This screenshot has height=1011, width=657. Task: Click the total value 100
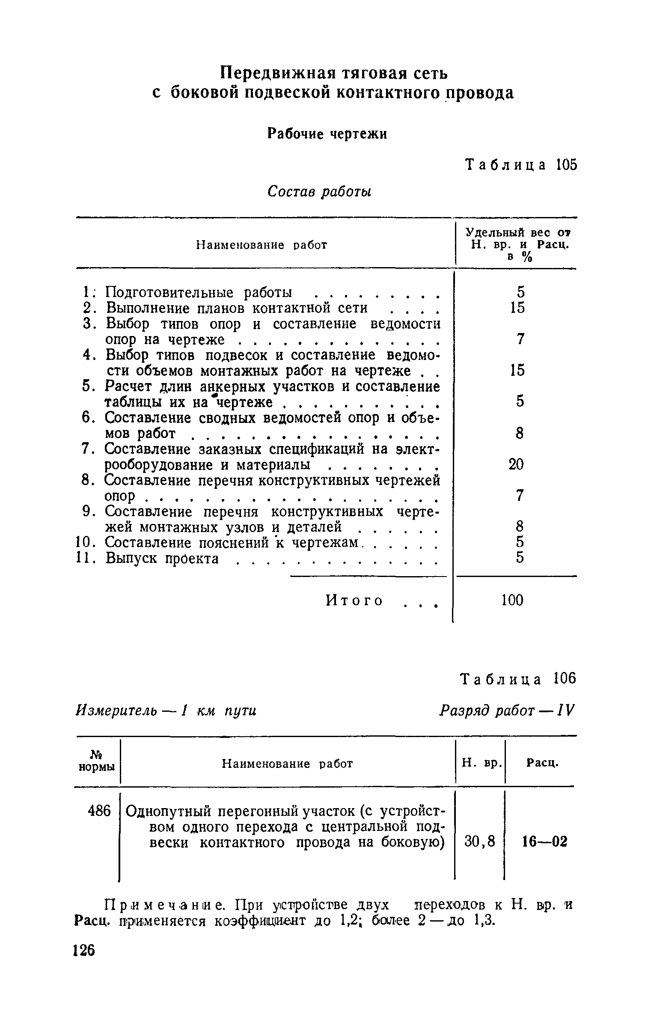coord(512,601)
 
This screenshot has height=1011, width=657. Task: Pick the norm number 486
coord(99,810)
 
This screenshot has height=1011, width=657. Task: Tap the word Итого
coord(354,601)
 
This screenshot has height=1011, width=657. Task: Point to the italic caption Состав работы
coord(319,192)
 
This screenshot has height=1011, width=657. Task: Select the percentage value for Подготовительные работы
coord(520,292)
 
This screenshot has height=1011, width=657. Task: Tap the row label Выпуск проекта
coord(162,559)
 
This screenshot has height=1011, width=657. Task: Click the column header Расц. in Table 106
coord(542,762)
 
